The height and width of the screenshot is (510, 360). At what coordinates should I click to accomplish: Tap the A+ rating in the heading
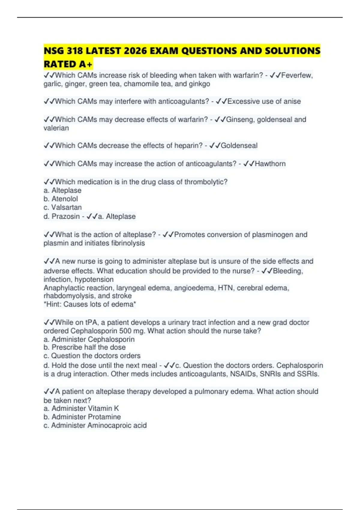86,64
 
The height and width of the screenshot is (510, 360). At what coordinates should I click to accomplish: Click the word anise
292,101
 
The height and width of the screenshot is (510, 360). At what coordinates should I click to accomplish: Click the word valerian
56,128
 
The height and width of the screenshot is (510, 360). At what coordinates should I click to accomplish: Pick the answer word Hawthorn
270,164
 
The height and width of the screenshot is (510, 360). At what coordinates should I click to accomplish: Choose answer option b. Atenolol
61,199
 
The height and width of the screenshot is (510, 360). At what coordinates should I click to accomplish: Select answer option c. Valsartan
62,207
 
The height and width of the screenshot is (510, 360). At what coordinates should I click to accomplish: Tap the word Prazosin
65,216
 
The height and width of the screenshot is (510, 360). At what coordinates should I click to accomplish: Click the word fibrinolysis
128,243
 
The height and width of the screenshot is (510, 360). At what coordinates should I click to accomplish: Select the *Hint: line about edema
90,304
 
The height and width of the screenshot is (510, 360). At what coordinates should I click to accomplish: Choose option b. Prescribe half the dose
85,347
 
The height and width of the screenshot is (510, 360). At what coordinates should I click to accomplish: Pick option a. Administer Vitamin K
81,408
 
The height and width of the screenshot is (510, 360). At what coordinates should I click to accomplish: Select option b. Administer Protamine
82,417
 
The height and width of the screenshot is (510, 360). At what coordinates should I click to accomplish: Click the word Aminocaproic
109,425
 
